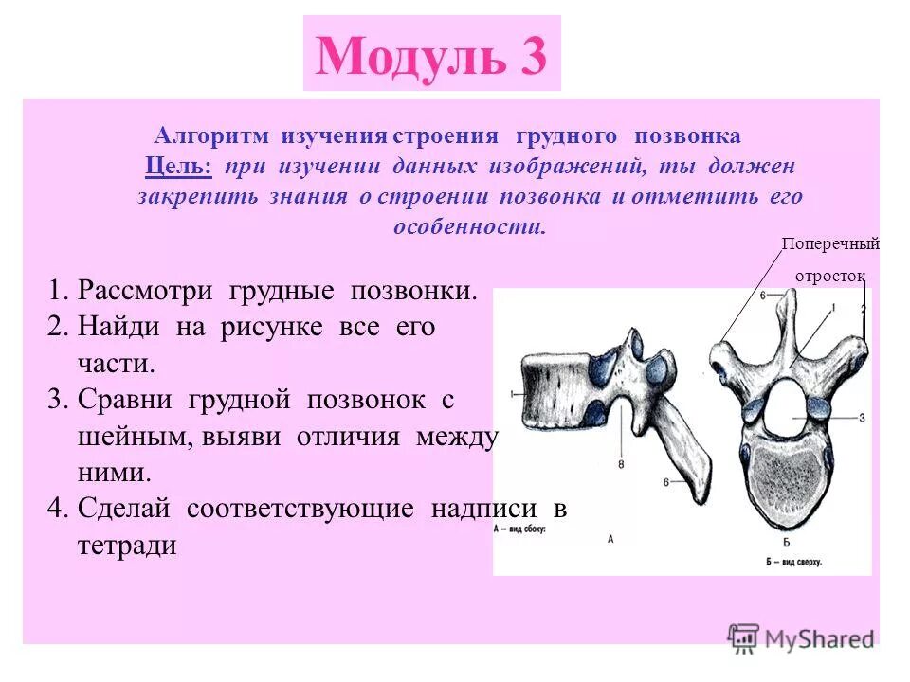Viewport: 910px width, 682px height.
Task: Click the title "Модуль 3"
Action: tap(431, 56)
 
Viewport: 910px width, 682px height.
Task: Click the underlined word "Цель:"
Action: tap(179, 166)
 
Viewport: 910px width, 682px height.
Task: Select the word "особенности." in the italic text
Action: tap(470, 227)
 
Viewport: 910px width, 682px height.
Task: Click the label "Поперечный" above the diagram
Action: tap(830, 244)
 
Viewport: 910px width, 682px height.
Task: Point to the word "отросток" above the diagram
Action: tap(829, 276)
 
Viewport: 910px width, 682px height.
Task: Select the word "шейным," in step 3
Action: tap(120, 437)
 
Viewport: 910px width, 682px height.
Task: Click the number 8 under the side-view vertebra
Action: tap(620, 464)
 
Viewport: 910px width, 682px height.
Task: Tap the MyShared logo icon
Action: tap(745, 637)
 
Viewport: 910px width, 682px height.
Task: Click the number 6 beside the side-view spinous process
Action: tap(667, 482)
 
